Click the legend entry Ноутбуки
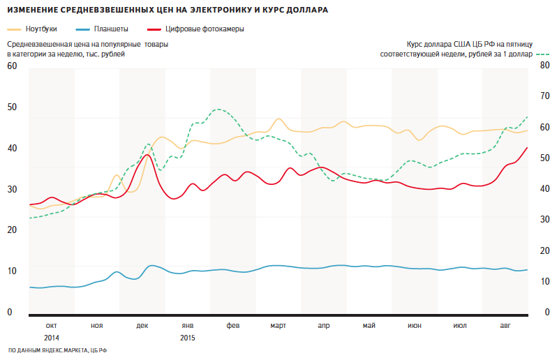pyautogui.click(x=40, y=29)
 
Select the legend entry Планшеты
pyautogui.click(x=111, y=29)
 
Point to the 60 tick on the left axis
pyautogui.click(x=11, y=66)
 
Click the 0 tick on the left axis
pyautogui.click(x=9, y=312)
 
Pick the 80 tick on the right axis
pyautogui.click(x=545, y=66)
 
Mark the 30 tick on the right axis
pyautogui.click(x=545, y=220)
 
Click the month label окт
pyautogui.click(x=52, y=326)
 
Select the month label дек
pyautogui.click(x=142, y=326)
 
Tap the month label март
pyautogui.click(x=278, y=326)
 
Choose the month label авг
pyautogui.click(x=505, y=326)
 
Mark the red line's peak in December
pyautogui.click(x=146, y=155)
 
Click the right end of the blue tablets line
pyautogui.click(x=527, y=270)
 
